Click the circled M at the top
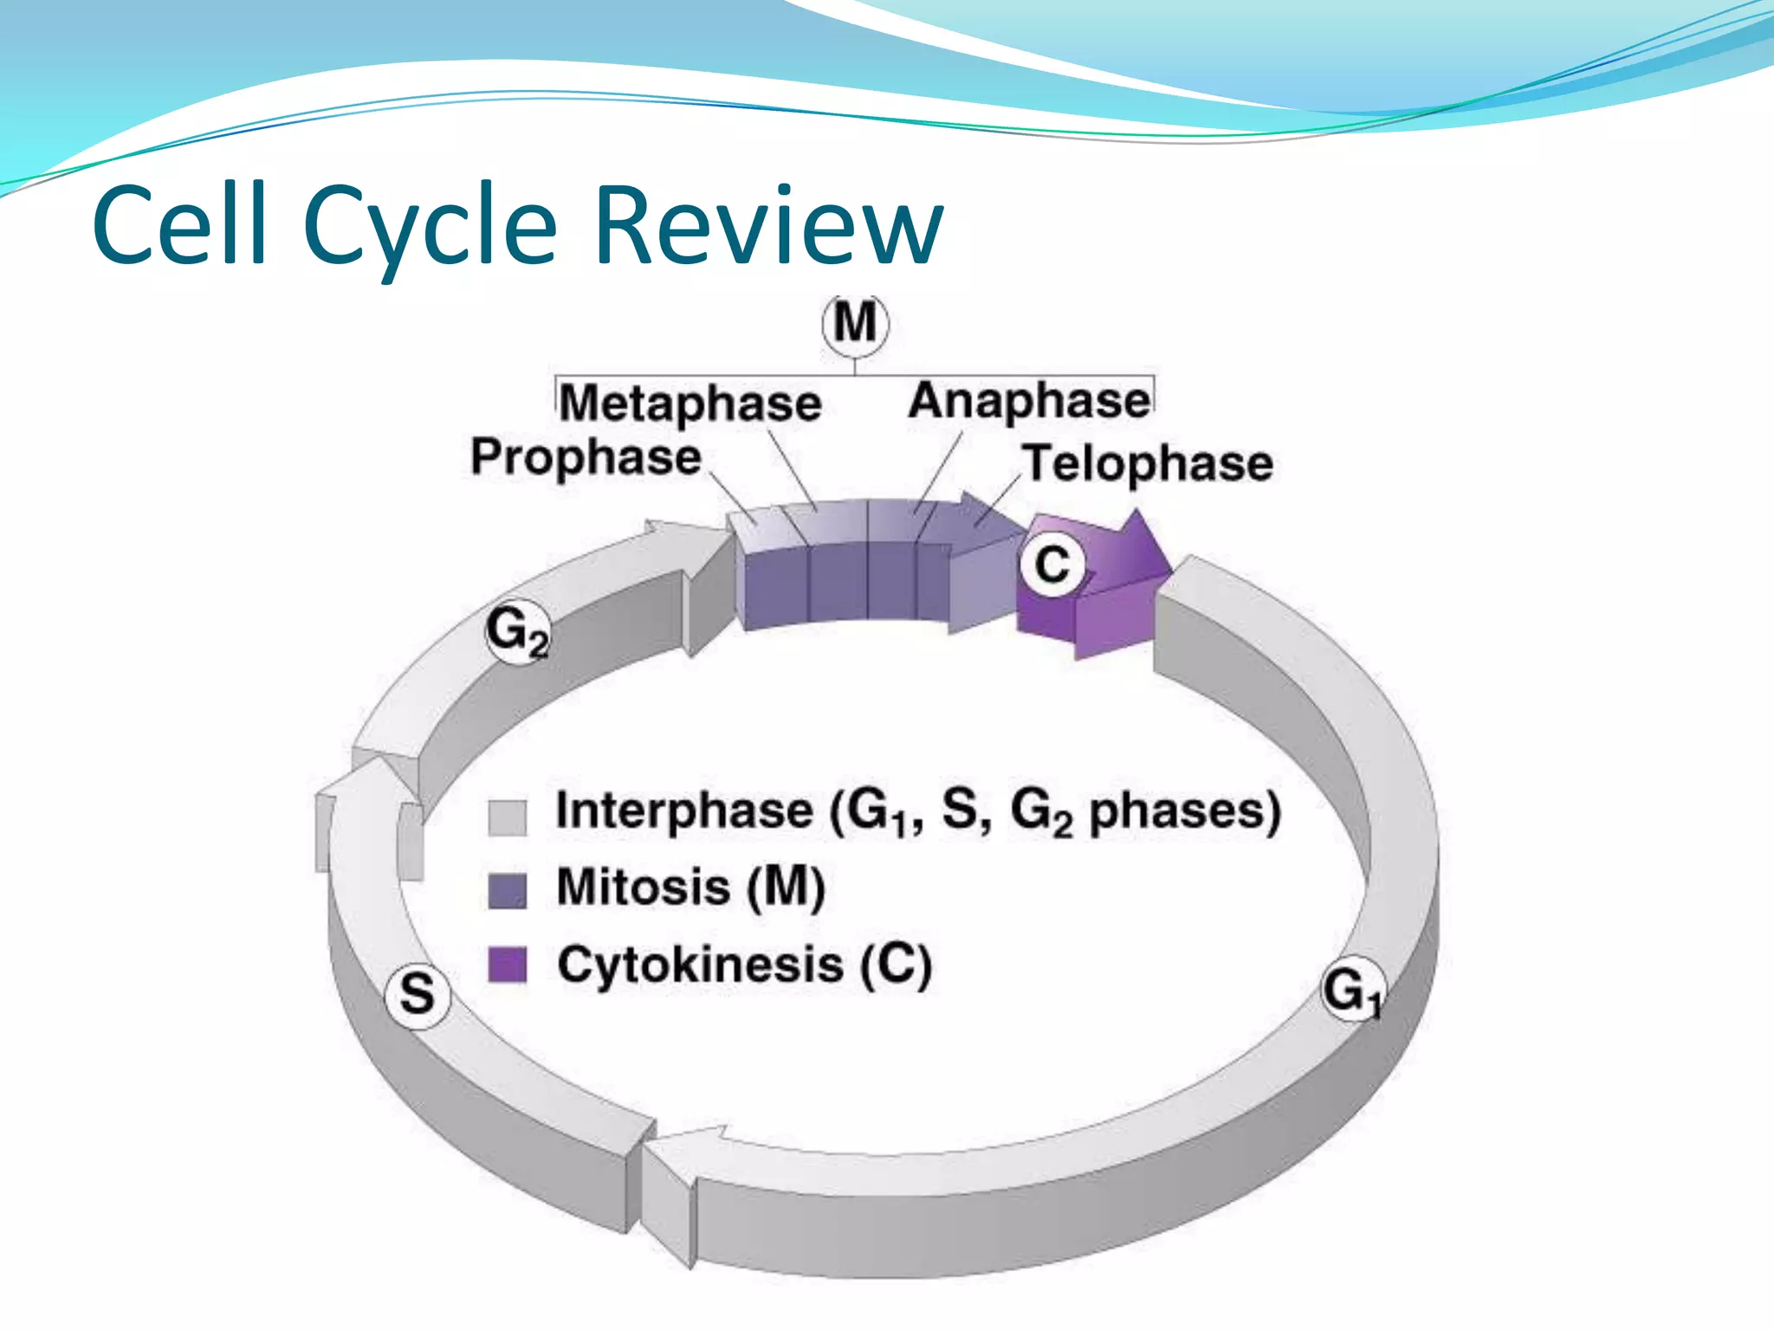(855, 324)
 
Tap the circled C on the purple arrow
(1052, 565)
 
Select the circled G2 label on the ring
(516, 631)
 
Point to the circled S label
(418, 993)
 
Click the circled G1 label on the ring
(1352, 990)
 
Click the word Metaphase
(690, 404)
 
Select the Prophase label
(586, 457)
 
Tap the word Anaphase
(1029, 401)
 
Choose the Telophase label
(1148, 463)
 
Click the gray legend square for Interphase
(508, 817)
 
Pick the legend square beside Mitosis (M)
(508, 890)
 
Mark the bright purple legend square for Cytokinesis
(508, 965)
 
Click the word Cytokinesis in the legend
(700, 965)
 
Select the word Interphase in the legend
(684, 811)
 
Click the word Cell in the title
(179, 224)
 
